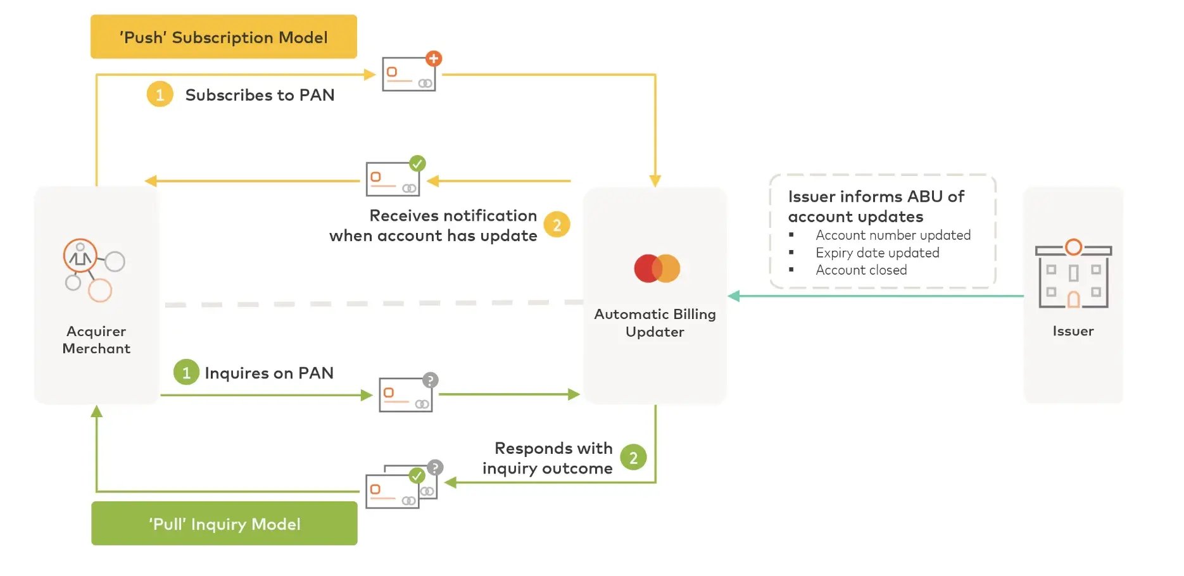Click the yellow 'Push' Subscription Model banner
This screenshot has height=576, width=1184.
[224, 37]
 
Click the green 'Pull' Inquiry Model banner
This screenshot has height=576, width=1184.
[224, 523]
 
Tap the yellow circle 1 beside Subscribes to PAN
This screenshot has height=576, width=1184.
[160, 94]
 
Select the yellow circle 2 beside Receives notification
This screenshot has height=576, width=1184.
[557, 225]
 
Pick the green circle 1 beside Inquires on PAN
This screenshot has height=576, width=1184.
[186, 372]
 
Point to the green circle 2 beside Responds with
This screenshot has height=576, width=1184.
[633, 458]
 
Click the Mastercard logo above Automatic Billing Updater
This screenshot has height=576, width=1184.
[657, 268]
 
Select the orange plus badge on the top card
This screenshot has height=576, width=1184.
[433, 59]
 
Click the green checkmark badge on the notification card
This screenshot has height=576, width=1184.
[417, 163]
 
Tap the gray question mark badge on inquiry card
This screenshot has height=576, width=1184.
[431, 380]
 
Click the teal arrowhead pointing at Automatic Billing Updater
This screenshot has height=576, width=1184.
[734, 296]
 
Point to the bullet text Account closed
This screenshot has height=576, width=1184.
[860, 270]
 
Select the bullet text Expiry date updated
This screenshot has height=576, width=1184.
[877, 253]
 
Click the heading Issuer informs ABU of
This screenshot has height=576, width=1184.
[876, 197]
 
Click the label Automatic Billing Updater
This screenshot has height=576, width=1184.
[655, 323]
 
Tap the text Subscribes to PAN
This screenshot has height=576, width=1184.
[260, 95]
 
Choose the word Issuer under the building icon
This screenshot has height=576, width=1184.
[1073, 331]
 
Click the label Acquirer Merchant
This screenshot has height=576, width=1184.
[96, 340]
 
